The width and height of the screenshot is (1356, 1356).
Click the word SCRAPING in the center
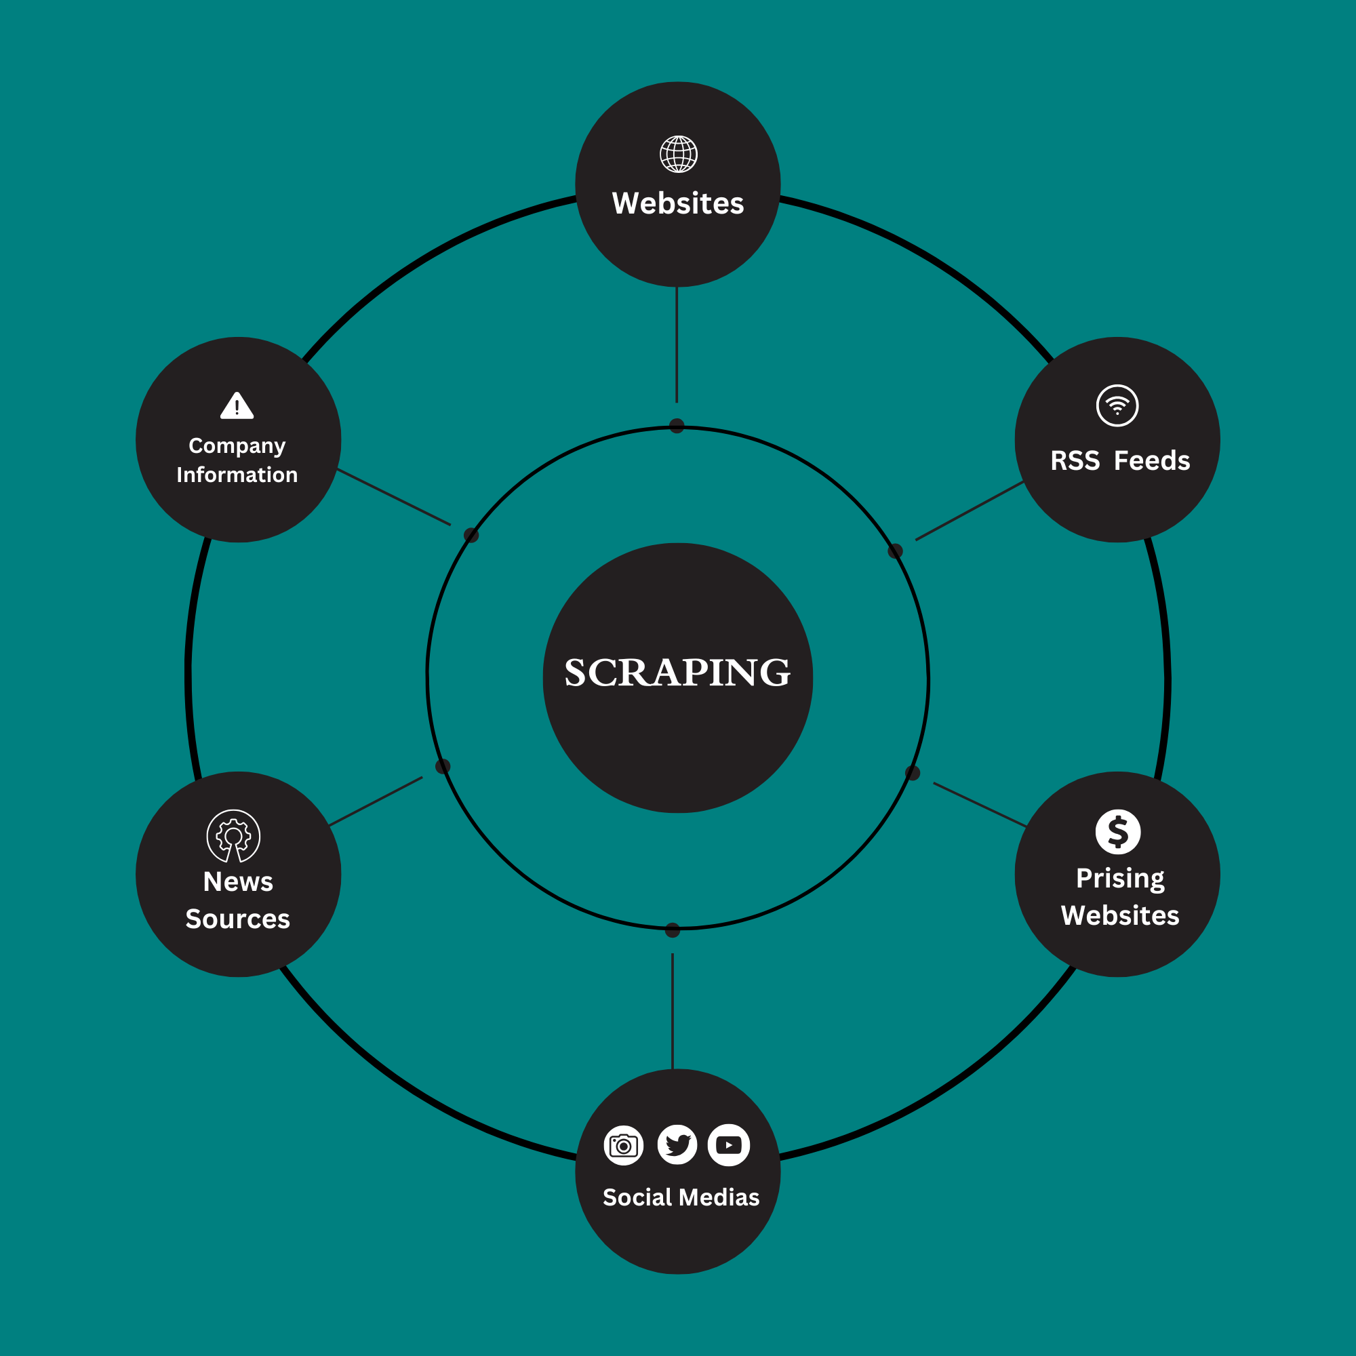pos(677,673)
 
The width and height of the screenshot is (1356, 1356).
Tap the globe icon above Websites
pos(678,155)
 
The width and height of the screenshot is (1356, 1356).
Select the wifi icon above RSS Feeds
pos(1117,405)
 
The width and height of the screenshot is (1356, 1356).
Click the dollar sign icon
pos(1117,832)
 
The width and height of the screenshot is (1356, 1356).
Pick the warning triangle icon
pos(237,406)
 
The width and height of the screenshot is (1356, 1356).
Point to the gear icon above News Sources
pos(234,836)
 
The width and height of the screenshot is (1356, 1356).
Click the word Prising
pos(1120,879)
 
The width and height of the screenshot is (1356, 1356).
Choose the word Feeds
pos(1152,461)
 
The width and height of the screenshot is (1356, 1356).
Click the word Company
pos(237,446)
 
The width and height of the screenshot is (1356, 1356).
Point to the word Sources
pos(237,919)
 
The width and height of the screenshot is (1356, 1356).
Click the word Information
pos(237,475)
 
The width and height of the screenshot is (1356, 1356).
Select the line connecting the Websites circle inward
pos(677,344)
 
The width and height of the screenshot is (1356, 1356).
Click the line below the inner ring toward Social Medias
pos(673,1011)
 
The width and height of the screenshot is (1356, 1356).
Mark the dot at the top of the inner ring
pos(677,426)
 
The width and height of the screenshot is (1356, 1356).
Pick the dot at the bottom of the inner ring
pos(673,930)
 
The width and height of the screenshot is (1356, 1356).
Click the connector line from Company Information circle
pos(394,497)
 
